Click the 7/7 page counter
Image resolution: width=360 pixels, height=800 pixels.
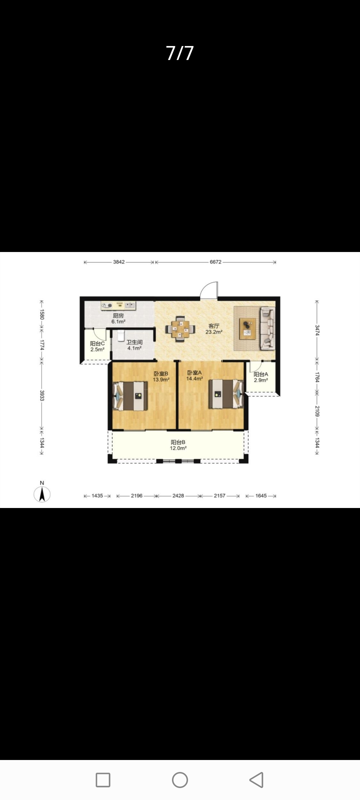[x=180, y=53]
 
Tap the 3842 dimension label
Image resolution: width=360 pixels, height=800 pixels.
[x=119, y=262]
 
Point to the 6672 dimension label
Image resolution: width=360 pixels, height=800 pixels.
[x=215, y=262]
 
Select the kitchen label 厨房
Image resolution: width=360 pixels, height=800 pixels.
[x=118, y=316]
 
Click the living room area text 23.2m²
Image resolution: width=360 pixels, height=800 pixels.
[x=214, y=332]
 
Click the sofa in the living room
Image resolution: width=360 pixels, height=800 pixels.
[x=268, y=328]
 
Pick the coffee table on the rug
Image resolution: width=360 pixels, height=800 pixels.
[x=248, y=328]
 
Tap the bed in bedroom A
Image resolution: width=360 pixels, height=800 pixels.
[x=226, y=394]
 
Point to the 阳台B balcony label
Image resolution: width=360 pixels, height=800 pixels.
[x=178, y=442]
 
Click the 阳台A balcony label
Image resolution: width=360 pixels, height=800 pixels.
[x=261, y=374]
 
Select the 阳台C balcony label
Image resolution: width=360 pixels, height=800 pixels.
[x=97, y=343]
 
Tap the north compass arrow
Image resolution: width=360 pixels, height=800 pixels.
[x=42, y=494]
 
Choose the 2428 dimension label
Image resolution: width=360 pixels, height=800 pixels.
[x=178, y=496]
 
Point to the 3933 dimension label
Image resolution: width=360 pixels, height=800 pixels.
[x=42, y=395]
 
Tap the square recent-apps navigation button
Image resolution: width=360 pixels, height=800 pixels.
[x=103, y=780]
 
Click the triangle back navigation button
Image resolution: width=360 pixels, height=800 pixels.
[x=257, y=780]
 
